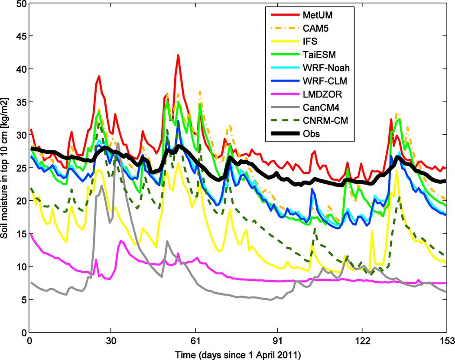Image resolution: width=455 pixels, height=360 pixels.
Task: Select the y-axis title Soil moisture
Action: tap(6, 168)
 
